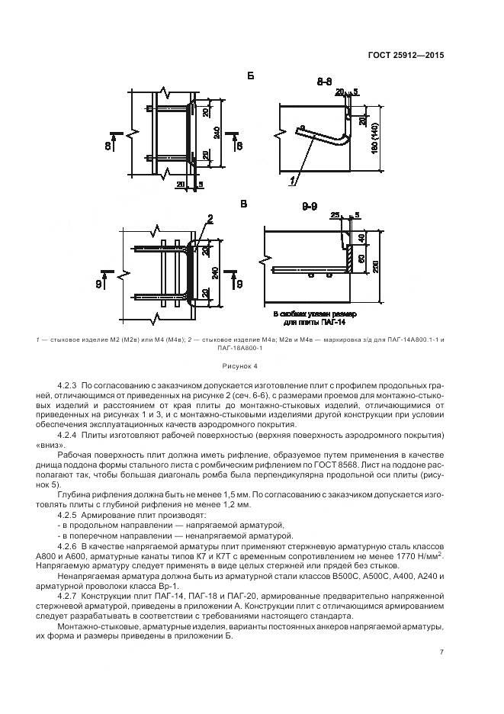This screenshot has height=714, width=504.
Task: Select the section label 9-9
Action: pyautogui.click(x=310, y=207)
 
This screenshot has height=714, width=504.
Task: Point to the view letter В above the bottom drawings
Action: pyautogui.click(x=244, y=204)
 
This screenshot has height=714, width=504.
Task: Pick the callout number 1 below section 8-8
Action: pyautogui.click(x=291, y=181)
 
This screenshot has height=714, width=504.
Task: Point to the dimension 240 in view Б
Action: pyautogui.click(x=217, y=133)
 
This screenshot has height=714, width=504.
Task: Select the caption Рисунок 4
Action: pyautogui.click(x=246, y=365)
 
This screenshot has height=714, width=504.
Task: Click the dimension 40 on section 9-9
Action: pyautogui.click(x=361, y=238)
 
